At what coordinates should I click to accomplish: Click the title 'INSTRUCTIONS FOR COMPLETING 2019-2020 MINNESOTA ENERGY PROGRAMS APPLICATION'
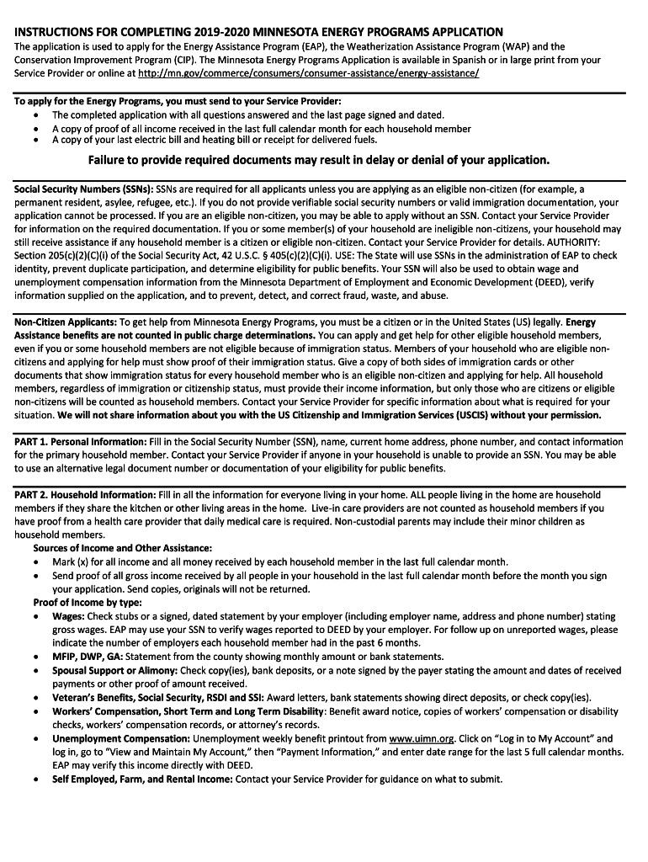pos(259,32)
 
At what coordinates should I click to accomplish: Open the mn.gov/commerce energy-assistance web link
pos(309,73)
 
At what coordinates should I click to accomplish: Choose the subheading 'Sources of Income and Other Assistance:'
pos(123,548)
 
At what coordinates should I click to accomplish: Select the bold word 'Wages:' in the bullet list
pos(68,616)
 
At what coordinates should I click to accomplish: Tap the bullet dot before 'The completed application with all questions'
pos(35,115)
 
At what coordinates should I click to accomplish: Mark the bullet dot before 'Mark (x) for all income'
pos(35,562)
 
